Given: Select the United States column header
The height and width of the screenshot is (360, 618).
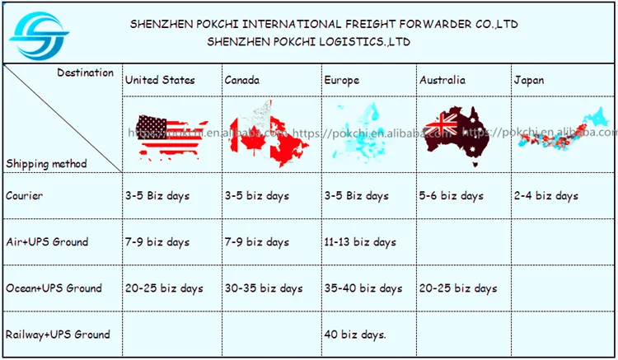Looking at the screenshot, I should [160, 80].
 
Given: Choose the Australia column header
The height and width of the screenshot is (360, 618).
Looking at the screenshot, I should [442, 80].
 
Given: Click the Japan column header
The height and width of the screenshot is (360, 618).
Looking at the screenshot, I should [528, 80].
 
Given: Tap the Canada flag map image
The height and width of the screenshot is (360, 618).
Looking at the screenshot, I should [268, 132].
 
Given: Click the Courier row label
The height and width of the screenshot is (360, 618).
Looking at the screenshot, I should [25, 196].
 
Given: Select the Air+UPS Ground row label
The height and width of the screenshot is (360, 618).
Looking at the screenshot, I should [47, 242].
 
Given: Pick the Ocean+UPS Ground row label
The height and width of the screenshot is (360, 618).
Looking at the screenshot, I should [54, 288].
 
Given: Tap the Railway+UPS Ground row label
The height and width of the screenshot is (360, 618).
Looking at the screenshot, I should [58, 334].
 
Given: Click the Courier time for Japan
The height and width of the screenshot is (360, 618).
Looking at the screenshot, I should [545, 196].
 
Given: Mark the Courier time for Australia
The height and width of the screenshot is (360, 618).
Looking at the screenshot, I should [452, 196].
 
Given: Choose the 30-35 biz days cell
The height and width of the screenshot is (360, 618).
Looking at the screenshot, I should [264, 288].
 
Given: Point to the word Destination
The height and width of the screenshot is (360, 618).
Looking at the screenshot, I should [86, 72].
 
